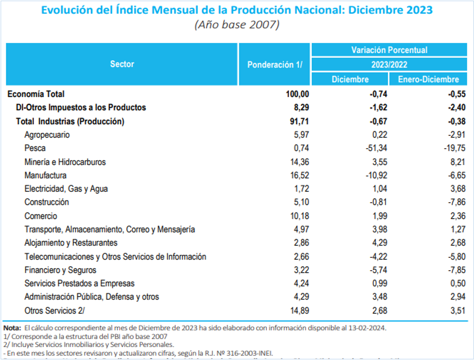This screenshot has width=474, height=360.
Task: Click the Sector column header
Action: [x=122, y=64]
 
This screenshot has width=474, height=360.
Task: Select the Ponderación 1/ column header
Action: [x=275, y=64]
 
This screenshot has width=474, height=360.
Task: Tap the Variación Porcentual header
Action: [x=389, y=50]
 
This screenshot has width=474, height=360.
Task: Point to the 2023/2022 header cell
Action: [x=389, y=64]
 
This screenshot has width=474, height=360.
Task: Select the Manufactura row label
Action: [x=45, y=175]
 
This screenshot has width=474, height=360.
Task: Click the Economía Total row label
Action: [x=36, y=94]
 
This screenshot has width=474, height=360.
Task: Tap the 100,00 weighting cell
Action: [x=298, y=94]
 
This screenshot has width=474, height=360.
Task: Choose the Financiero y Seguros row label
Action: [x=60, y=270]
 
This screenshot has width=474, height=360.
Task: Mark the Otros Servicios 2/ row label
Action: [x=54, y=310]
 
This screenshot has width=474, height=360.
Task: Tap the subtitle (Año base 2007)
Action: [x=236, y=25]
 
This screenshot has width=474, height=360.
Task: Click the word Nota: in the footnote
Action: [x=12, y=328]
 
